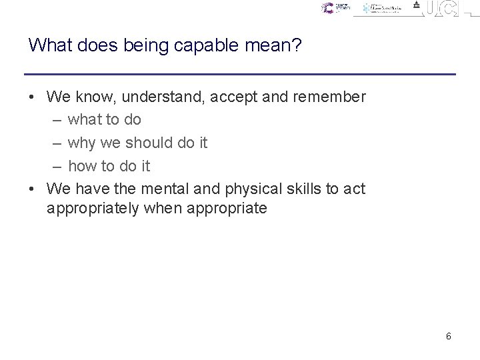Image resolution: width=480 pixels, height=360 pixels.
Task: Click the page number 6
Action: [449, 336]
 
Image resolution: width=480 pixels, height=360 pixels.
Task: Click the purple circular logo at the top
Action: [327, 8]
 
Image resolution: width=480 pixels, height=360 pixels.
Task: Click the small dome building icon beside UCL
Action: [416, 5]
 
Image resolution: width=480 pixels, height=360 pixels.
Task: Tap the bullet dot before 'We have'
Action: [32, 189]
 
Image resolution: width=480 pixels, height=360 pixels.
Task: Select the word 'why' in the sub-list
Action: [82, 143]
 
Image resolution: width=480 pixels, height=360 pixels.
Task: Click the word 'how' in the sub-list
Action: [83, 166]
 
